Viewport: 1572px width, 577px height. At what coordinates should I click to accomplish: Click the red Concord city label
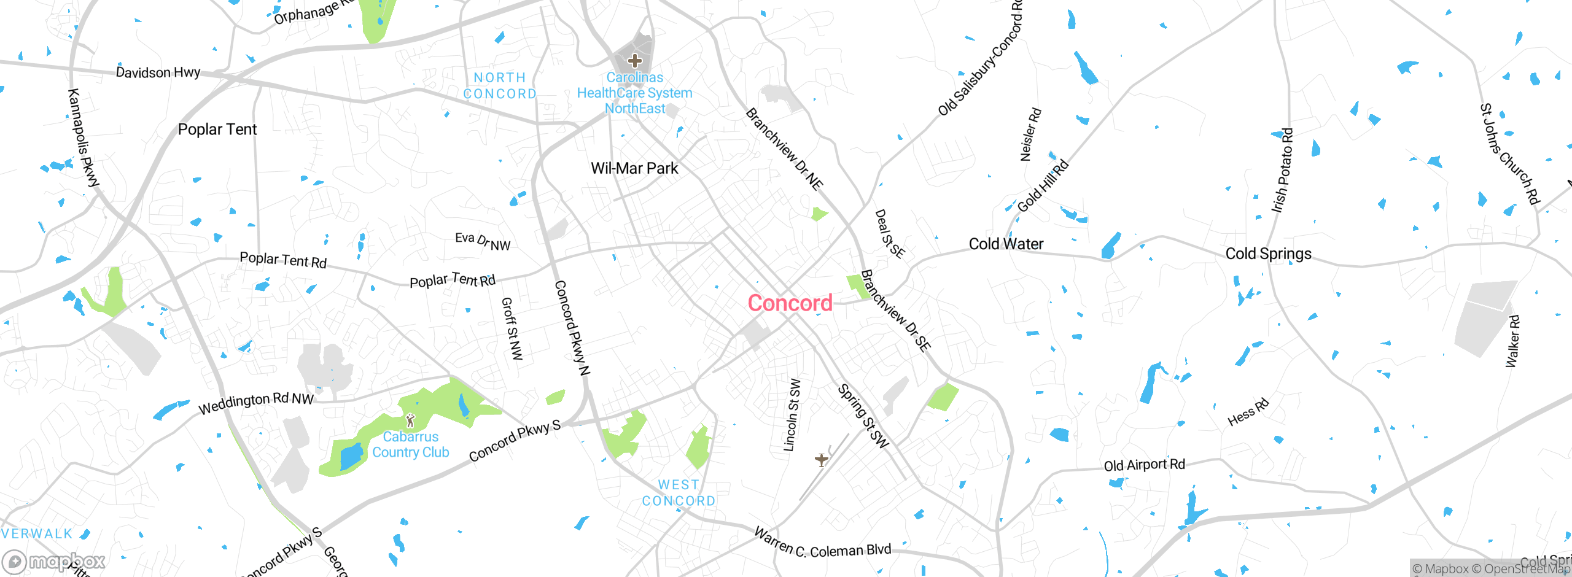pyautogui.click(x=790, y=303)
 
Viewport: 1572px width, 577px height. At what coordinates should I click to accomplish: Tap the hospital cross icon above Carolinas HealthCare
pyautogui.click(x=635, y=61)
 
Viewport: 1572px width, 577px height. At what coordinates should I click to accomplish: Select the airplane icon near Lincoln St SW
pyautogui.click(x=822, y=459)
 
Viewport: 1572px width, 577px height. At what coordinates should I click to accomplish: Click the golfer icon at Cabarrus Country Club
pyautogui.click(x=411, y=420)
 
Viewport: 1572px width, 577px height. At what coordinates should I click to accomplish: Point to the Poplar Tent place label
pyautogui.click(x=217, y=130)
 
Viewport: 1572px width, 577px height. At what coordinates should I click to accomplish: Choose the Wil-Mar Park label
pyautogui.click(x=634, y=168)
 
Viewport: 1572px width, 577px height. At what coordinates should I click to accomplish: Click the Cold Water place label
pyautogui.click(x=1006, y=244)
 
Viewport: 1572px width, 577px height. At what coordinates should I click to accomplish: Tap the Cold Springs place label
pyautogui.click(x=1268, y=254)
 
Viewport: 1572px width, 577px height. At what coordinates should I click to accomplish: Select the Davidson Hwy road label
pyautogui.click(x=158, y=72)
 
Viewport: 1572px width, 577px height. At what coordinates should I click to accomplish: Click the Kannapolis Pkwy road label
pyautogui.click(x=83, y=137)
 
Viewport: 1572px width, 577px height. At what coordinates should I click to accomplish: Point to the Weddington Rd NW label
pyautogui.click(x=256, y=403)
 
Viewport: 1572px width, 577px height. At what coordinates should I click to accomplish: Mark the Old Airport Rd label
pyautogui.click(x=1144, y=465)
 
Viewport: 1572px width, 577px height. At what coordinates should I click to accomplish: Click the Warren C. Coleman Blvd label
pyautogui.click(x=822, y=544)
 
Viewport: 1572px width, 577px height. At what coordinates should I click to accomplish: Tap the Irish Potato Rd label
pyautogui.click(x=1283, y=170)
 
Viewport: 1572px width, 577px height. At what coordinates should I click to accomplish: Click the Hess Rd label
pyautogui.click(x=1248, y=412)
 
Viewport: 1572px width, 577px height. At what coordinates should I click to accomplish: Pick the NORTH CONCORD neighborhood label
pyautogui.click(x=500, y=86)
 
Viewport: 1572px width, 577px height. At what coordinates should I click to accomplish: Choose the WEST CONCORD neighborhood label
pyautogui.click(x=679, y=493)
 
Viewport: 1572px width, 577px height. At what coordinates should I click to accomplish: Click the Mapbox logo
pyautogui.click(x=54, y=562)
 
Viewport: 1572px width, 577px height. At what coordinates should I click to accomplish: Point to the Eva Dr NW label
pyautogui.click(x=483, y=241)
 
